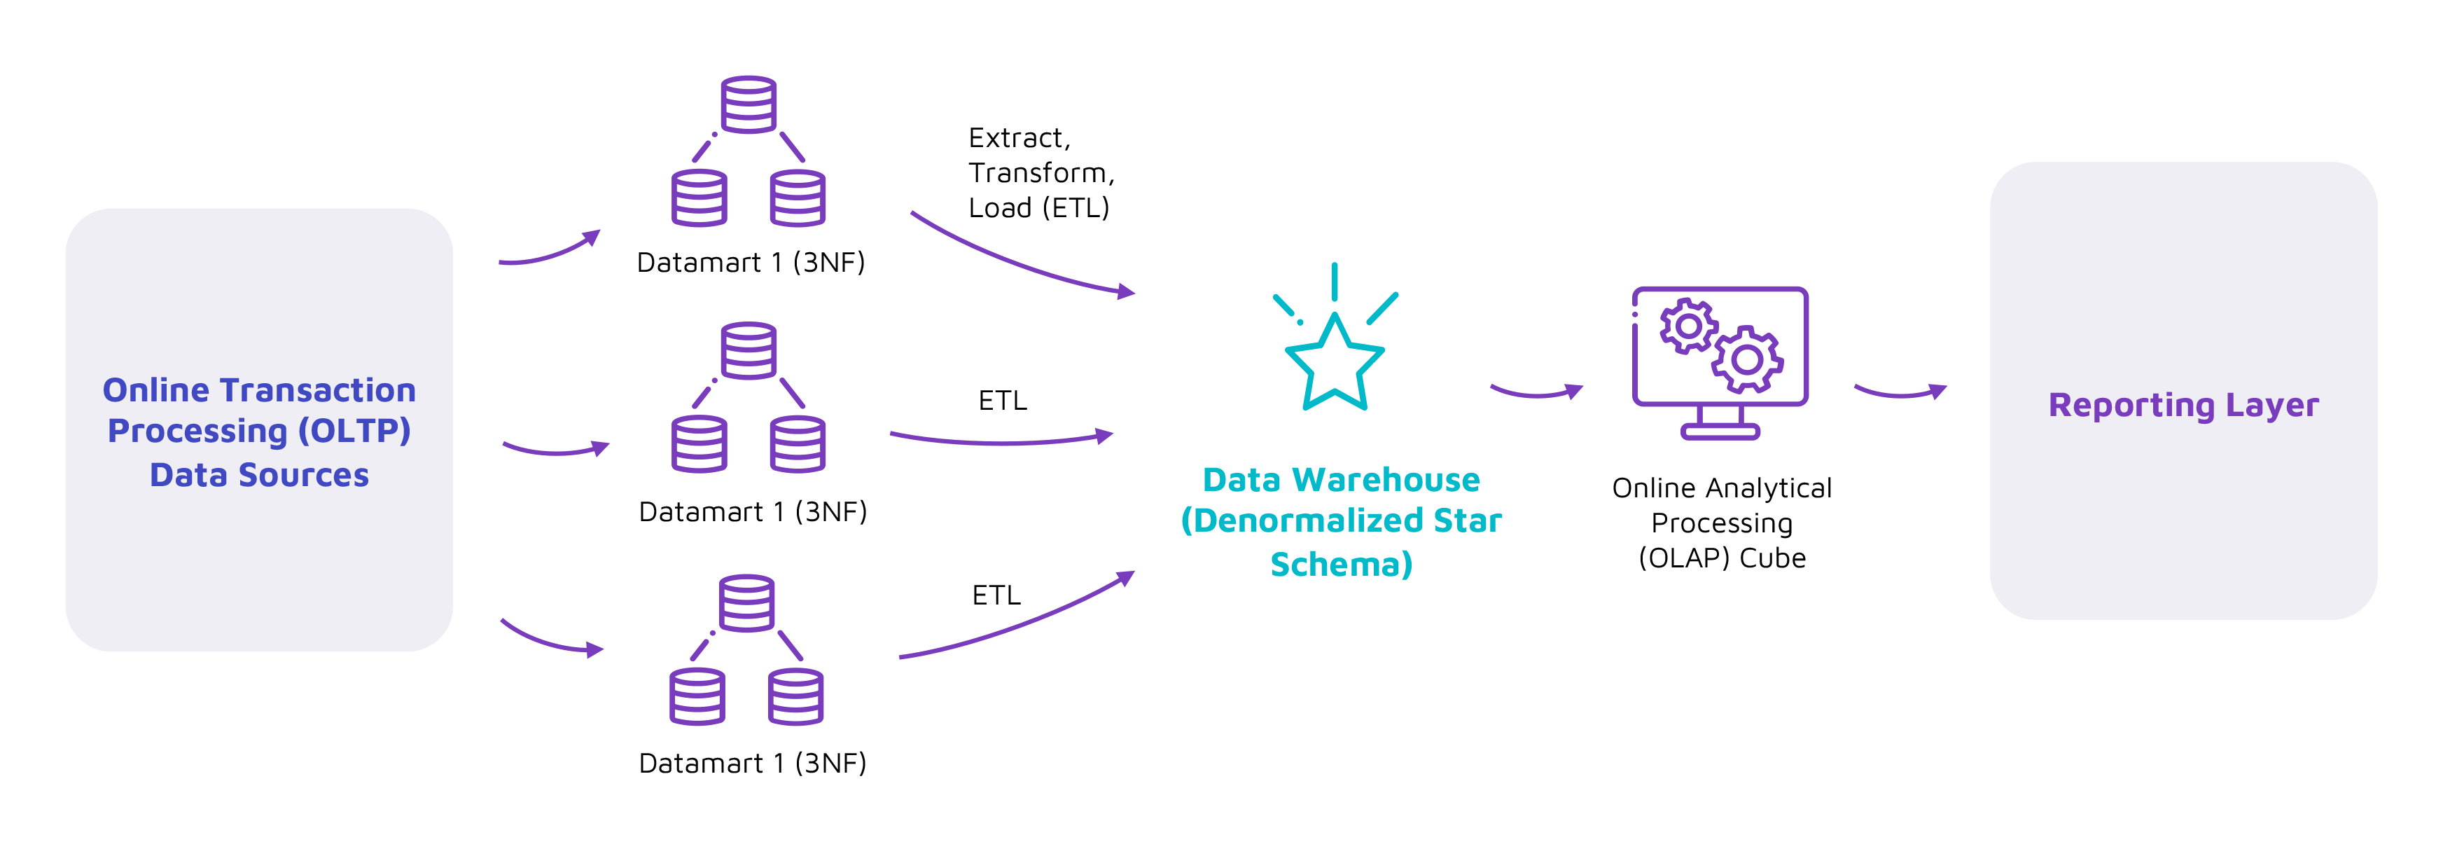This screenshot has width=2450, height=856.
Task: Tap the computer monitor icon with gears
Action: click(1720, 361)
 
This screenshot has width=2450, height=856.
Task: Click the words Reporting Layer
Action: click(2183, 405)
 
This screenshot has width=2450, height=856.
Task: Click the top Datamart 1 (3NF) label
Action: click(751, 263)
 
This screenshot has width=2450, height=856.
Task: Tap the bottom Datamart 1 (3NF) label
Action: click(752, 763)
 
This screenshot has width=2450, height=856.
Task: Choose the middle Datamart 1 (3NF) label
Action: click(752, 511)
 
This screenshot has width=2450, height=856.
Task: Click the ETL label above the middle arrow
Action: click(1003, 401)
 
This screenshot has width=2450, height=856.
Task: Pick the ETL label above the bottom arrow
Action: click(996, 595)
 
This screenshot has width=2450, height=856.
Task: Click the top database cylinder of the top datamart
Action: click(749, 104)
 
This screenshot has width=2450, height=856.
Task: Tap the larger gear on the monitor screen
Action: click(1747, 359)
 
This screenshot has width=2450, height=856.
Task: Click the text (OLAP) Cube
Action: click(1722, 558)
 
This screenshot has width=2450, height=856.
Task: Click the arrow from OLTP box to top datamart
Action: click(550, 252)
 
